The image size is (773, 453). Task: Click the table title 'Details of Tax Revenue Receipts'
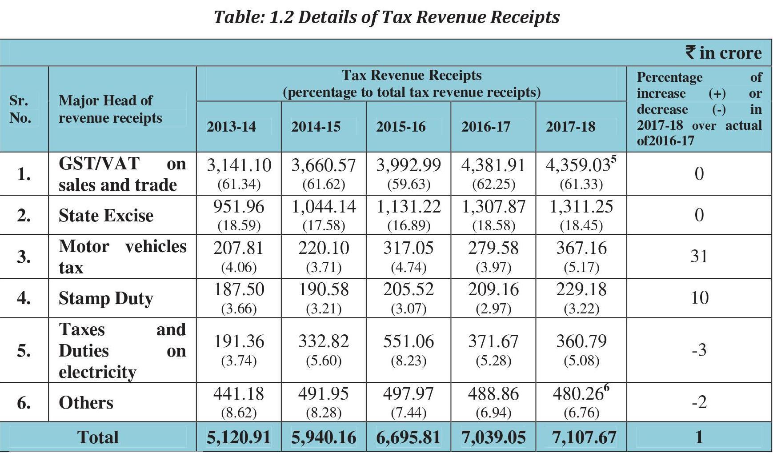[x=429, y=17]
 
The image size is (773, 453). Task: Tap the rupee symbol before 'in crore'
[x=690, y=52]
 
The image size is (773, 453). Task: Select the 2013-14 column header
[x=231, y=127]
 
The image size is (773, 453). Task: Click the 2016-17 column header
[x=485, y=127]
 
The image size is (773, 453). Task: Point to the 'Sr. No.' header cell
[x=20, y=109]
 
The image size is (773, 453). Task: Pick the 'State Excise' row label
[x=106, y=216]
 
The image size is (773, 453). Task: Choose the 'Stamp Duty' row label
[x=106, y=298]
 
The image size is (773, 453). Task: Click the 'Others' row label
[x=86, y=403]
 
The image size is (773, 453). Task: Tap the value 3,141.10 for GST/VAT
[x=239, y=165]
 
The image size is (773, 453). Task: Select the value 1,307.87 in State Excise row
[x=493, y=207]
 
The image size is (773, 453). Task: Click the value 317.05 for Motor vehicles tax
[x=409, y=248]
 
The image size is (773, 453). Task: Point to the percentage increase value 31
[x=699, y=257]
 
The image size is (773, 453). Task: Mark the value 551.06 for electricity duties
[x=409, y=341]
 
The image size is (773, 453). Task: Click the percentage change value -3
[x=699, y=350]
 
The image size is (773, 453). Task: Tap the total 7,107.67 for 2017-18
[x=584, y=437]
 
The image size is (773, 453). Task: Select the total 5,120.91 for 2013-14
[x=239, y=437]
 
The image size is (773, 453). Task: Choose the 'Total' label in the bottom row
[x=98, y=437]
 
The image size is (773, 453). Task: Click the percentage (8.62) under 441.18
[x=239, y=413]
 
